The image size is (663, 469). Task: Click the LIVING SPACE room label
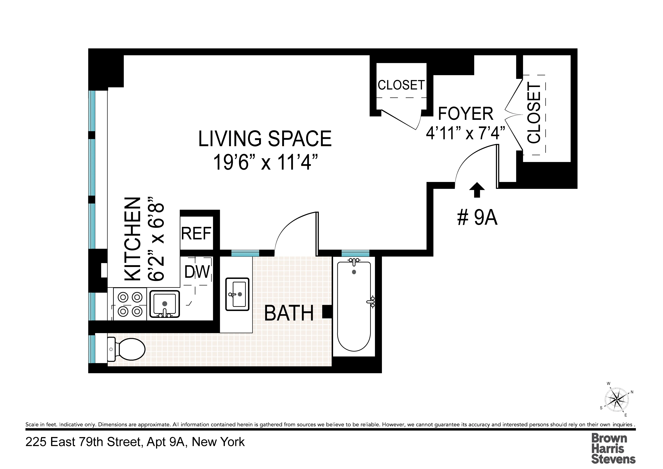[x=265, y=139]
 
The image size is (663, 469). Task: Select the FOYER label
[x=465, y=114]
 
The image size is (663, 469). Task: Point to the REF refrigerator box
[x=196, y=233]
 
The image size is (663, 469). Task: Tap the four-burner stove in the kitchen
[x=130, y=304]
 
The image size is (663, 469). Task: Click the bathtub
[x=354, y=306]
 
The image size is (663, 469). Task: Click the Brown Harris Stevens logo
[x=613, y=448]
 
